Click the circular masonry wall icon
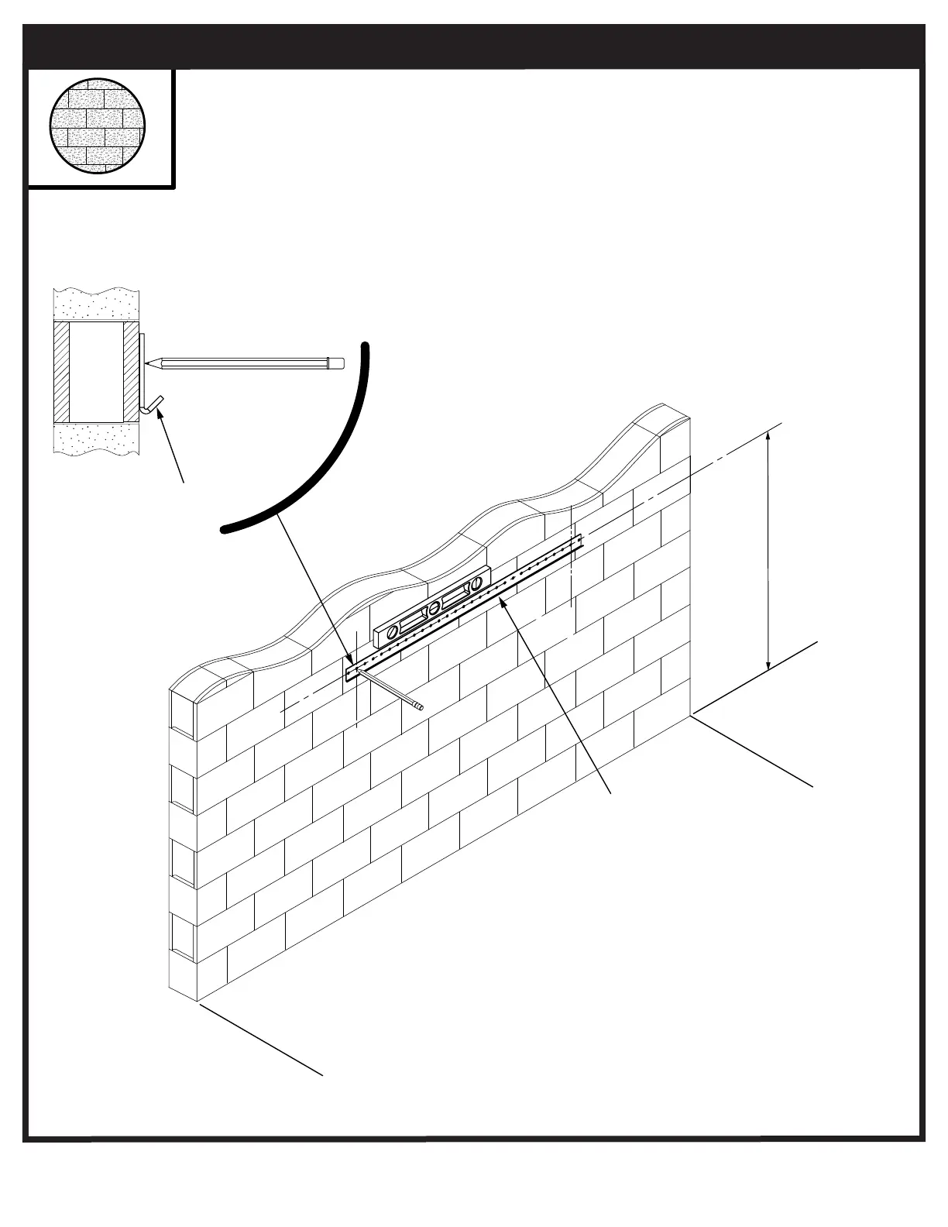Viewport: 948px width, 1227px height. (x=98, y=125)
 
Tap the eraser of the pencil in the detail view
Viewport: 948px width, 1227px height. (x=335, y=362)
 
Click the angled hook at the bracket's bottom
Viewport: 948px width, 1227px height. (x=153, y=404)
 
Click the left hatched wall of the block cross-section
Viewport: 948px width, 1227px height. (x=61, y=370)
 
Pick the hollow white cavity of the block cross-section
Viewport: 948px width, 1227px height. (x=96, y=370)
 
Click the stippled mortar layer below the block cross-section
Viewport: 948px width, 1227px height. (x=96, y=438)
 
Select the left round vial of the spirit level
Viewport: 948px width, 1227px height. (x=393, y=631)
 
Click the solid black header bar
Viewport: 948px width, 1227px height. (x=474, y=46)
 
